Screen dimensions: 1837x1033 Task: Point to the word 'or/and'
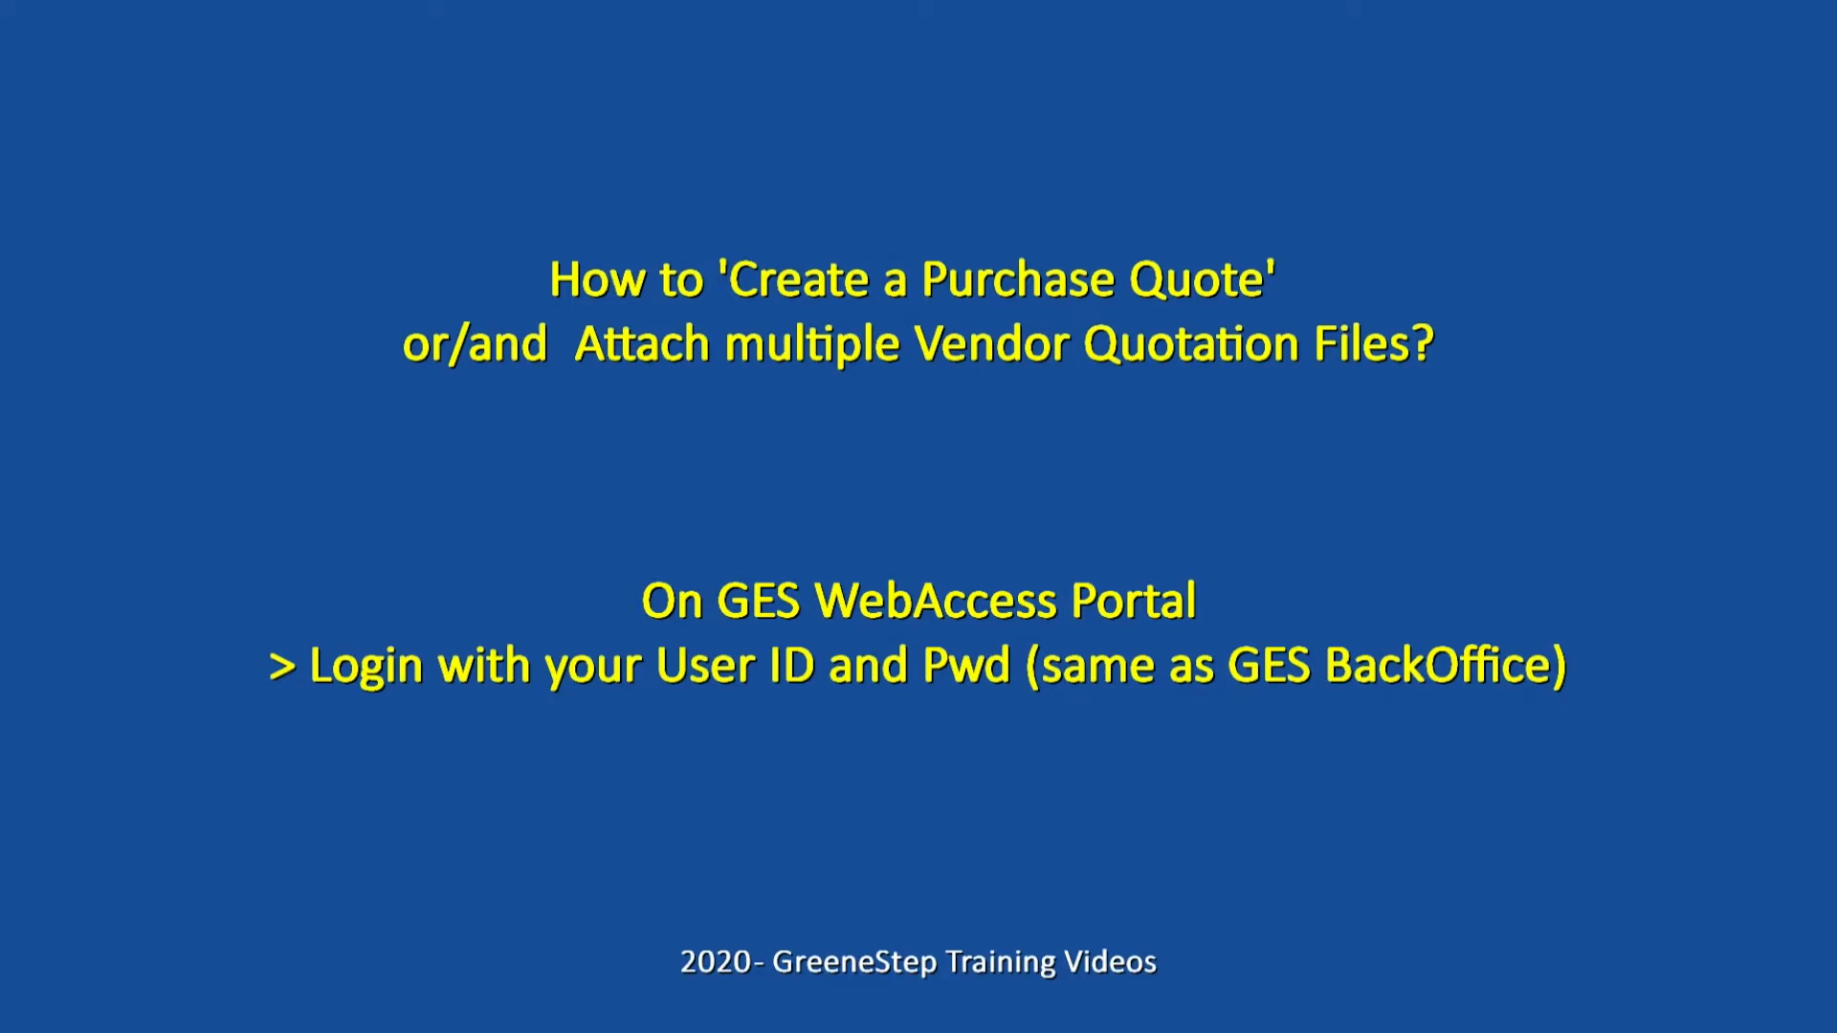click(x=476, y=344)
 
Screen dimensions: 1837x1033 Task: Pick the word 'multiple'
click(x=812, y=344)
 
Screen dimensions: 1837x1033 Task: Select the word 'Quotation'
click(x=1192, y=345)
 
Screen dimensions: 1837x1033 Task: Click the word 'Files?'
click(x=1374, y=344)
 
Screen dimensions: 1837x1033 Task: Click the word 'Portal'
click(x=1134, y=602)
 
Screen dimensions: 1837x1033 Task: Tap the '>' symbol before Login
click(x=282, y=667)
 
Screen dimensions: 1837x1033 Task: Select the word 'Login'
click(x=366, y=667)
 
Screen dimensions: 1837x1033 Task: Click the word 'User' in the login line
click(x=706, y=666)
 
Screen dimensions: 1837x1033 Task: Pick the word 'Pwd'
click(x=966, y=666)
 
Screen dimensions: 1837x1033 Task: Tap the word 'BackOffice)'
click(x=1446, y=666)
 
